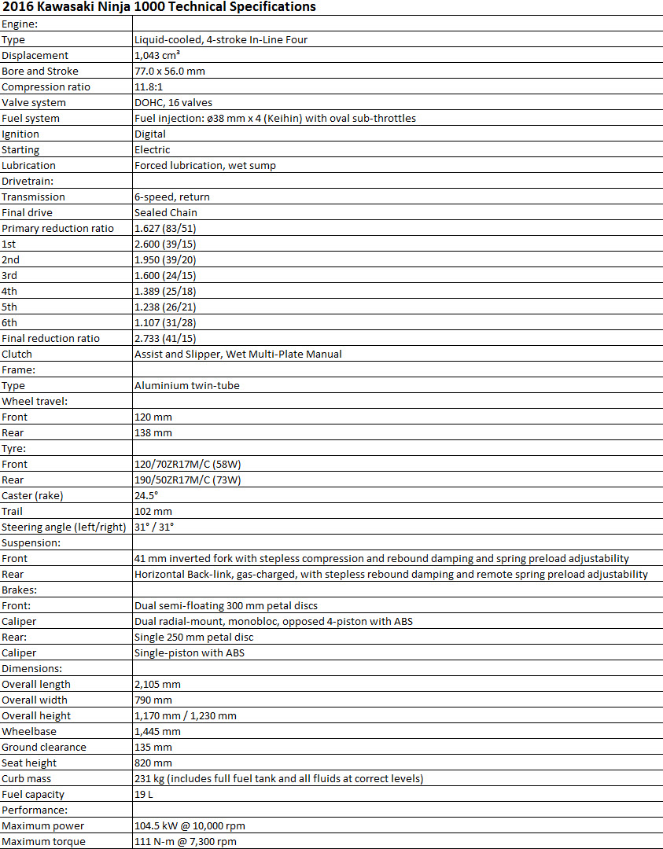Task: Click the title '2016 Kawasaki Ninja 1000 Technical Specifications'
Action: click(x=159, y=7)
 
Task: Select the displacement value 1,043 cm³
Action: click(x=157, y=55)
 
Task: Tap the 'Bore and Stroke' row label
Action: click(x=40, y=71)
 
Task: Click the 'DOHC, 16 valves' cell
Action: click(x=173, y=102)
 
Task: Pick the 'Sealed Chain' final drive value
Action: click(x=166, y=212)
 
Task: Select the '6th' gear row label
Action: click(x=9, y=322)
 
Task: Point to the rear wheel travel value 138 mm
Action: click(x=153, y=432)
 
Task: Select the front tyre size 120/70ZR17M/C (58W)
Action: click(x=187, y=464)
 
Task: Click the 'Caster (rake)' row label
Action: click(x=32, y=495)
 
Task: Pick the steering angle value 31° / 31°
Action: click(x=154, y=527)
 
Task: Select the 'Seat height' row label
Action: click(x=29, y=763)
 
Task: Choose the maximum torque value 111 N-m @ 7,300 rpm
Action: click(x=185, y=841)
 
